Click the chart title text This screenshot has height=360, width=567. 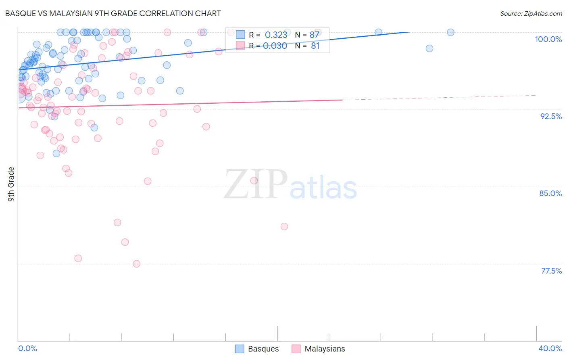tap(113, 13)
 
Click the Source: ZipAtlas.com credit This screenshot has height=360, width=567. tap(531, 14)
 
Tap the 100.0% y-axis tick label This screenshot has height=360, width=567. tap(548, 39)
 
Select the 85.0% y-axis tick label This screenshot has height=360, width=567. tap(550, 193)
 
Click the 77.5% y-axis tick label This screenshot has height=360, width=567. tap(551, 271)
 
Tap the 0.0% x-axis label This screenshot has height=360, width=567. tap(27, 348)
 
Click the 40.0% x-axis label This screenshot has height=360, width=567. tap(550, 348)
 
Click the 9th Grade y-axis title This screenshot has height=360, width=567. tap(11, 184)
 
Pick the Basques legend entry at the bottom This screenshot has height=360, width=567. tap(257, 349)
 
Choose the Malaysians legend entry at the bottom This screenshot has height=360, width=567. tap(318, 349)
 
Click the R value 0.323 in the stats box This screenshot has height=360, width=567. tap(276, 35)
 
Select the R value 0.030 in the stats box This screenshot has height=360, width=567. tap(275, 46)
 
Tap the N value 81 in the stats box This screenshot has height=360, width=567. tap(315, 46)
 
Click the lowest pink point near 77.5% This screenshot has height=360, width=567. tap(136, 264)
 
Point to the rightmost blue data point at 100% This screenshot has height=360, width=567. tap(450, 32)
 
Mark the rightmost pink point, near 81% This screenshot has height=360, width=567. tap(284, 226)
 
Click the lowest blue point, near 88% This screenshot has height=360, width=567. tap(56, 153)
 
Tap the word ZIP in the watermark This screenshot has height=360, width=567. tap(256, 185)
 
